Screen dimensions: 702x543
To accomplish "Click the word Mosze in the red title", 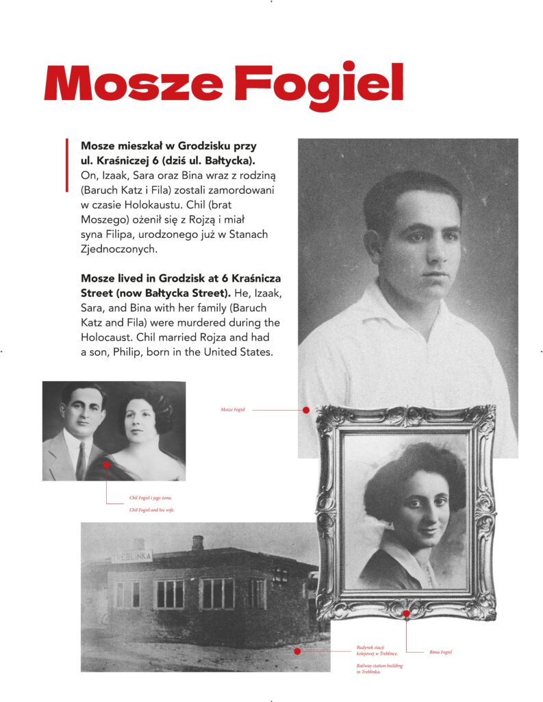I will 133,84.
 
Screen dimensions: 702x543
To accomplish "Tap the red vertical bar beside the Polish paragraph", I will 67,165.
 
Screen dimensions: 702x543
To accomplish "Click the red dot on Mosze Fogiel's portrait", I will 306,410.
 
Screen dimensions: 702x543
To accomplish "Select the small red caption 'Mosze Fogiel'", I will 233,410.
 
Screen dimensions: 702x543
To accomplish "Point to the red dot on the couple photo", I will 107,465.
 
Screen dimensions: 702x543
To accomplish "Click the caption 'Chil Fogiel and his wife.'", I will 152,510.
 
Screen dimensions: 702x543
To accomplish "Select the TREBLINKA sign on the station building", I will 131,556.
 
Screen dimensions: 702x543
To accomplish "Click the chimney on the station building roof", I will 198,543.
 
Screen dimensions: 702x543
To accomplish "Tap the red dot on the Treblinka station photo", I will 297,651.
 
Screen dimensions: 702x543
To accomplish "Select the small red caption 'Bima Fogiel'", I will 441,652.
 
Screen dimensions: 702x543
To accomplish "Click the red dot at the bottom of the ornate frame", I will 406,614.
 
